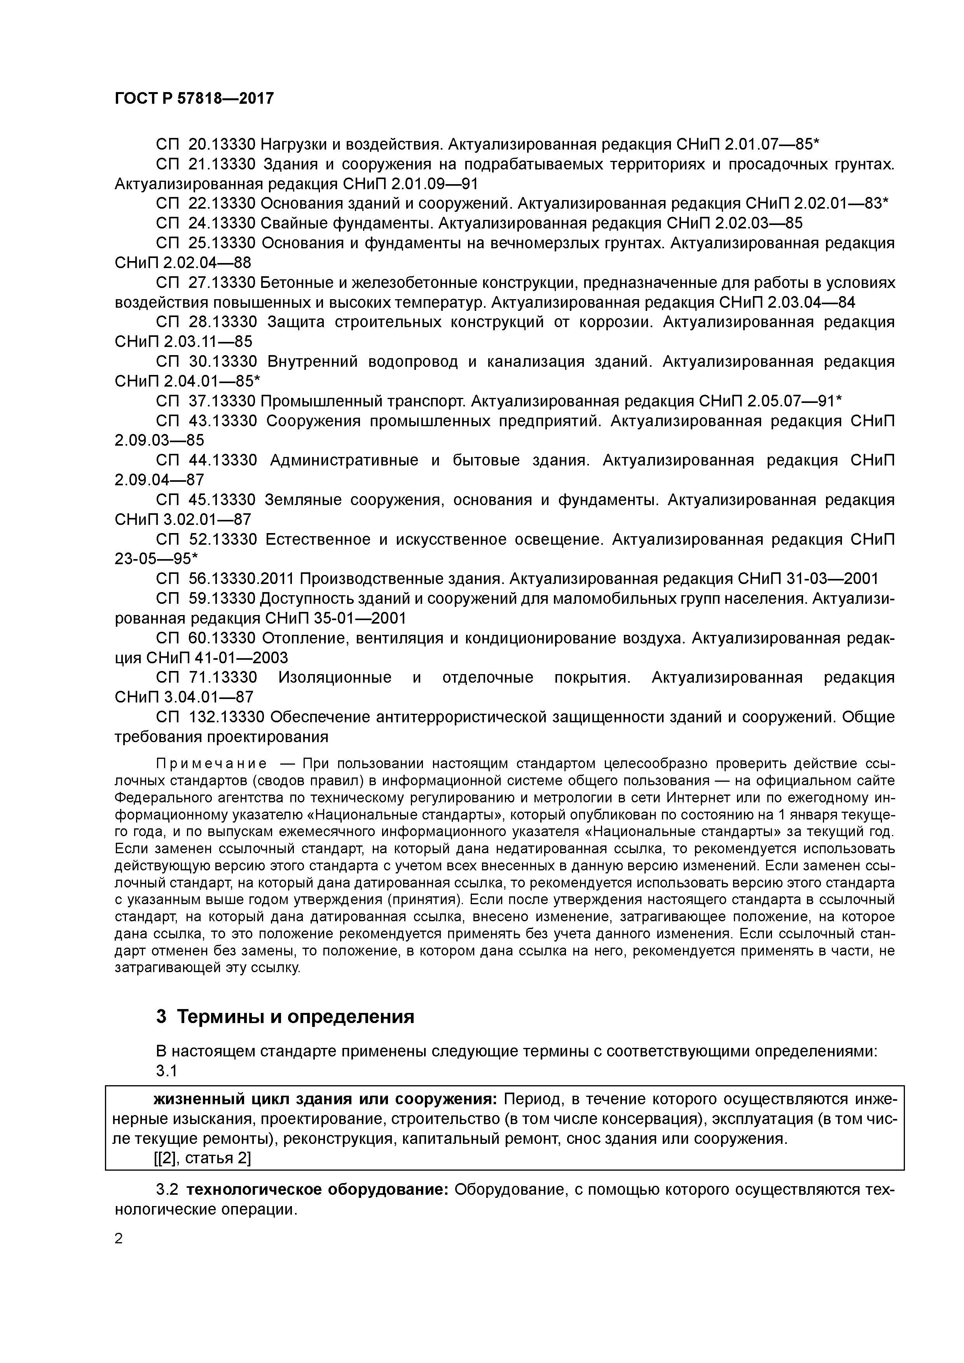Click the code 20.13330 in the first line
222,144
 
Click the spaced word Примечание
211,763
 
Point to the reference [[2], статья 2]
202,1158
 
